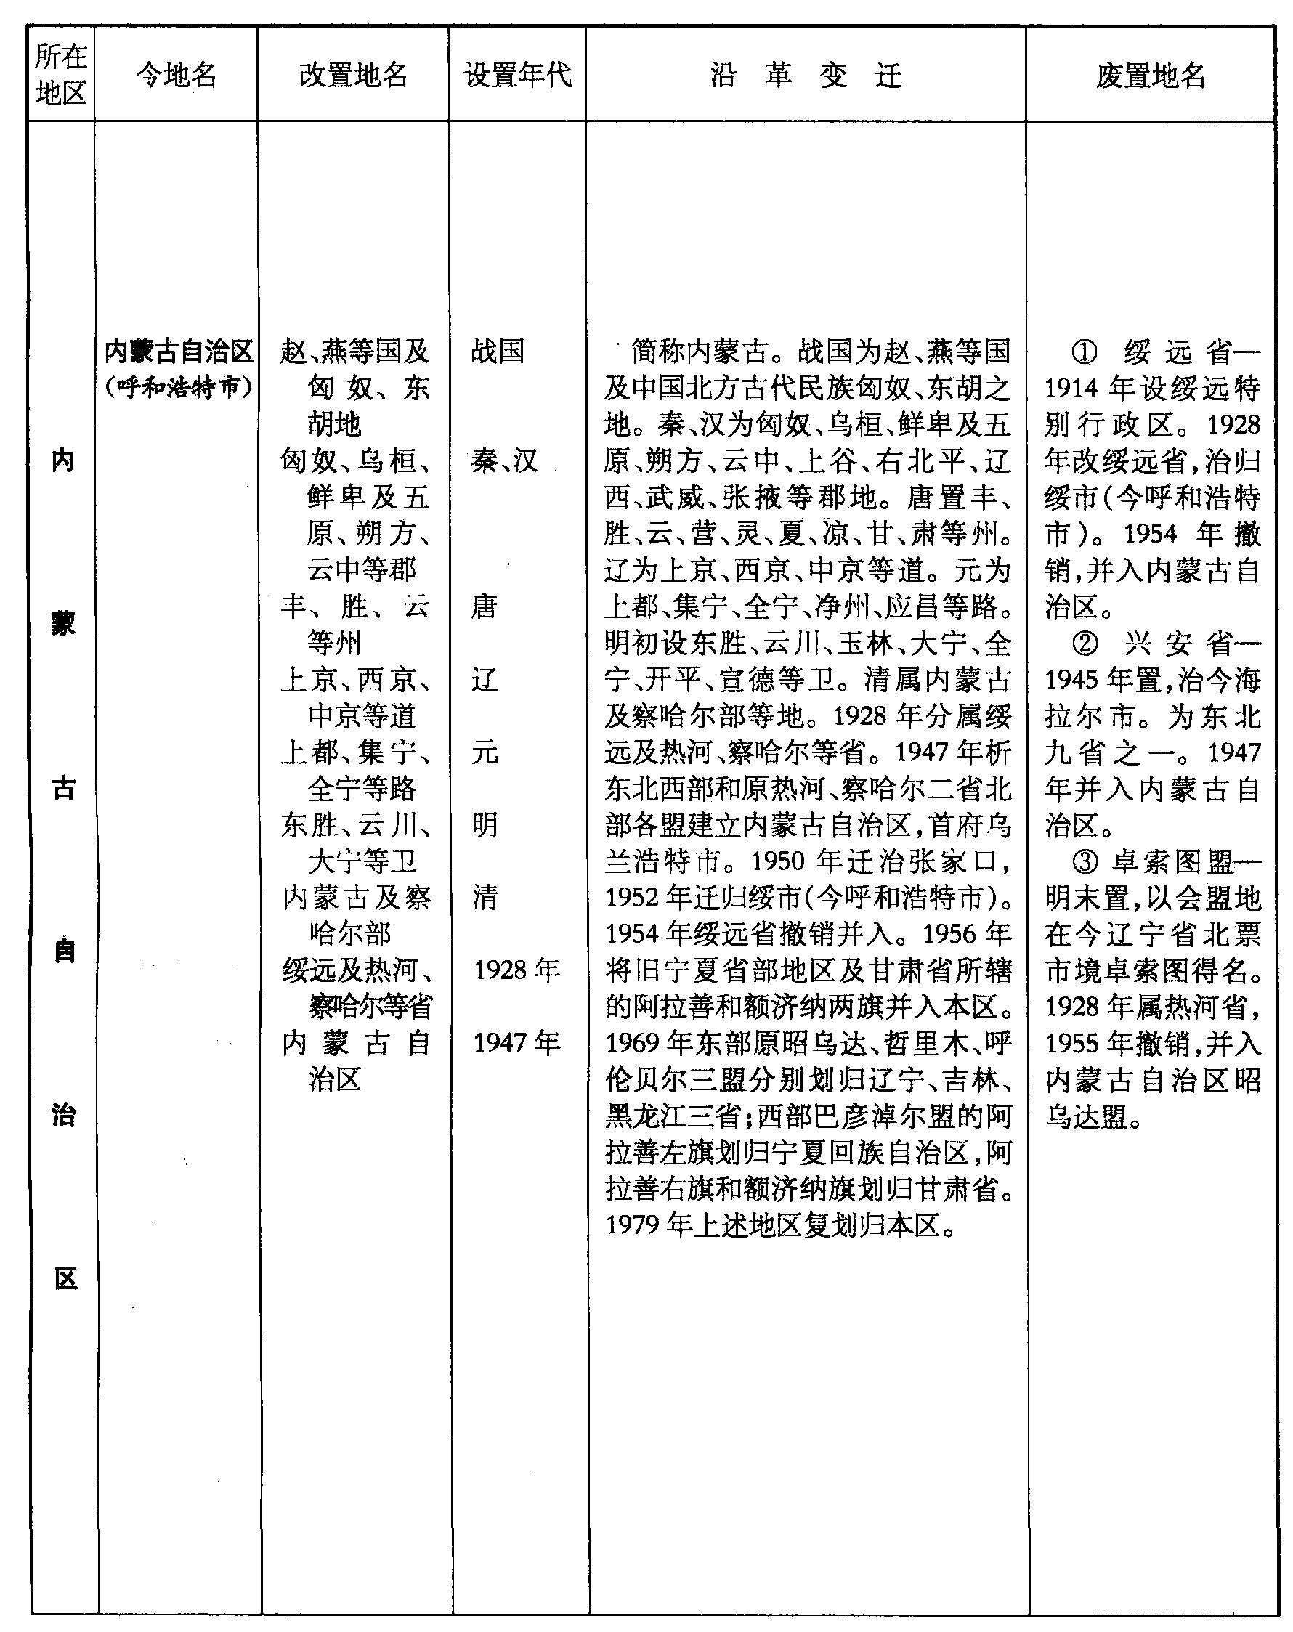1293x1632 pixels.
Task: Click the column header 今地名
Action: [177, 75]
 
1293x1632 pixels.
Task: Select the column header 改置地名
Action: [353, 75]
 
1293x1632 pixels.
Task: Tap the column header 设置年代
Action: [518, 75]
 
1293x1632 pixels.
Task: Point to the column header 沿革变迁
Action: [806, 75]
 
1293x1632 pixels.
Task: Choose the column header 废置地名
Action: [1150, 75]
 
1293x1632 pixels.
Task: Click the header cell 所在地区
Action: [60, 75]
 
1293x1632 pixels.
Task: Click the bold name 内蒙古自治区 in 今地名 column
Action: [179, 352]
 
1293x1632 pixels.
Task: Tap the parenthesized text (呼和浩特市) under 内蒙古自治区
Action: [179, 388]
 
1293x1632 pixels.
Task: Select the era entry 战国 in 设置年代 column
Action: [498, 352]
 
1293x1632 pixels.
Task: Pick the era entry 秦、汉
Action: [504, 460]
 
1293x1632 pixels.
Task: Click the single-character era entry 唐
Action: [485, 606]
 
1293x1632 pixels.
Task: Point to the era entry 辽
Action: [485, 679]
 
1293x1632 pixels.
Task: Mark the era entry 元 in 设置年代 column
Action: [485, 752]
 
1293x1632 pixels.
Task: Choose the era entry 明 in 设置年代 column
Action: [485, 824]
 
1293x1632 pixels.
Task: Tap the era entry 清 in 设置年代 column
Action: [485, 897]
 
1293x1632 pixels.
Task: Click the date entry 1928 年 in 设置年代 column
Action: [517, 970]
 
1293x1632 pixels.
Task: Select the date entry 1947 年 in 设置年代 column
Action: [517, 1043]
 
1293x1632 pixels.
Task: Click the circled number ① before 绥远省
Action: [1084, 352]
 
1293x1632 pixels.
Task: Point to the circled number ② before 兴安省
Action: [1084, 644]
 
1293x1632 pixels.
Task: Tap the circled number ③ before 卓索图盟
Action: [1084, 861]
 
